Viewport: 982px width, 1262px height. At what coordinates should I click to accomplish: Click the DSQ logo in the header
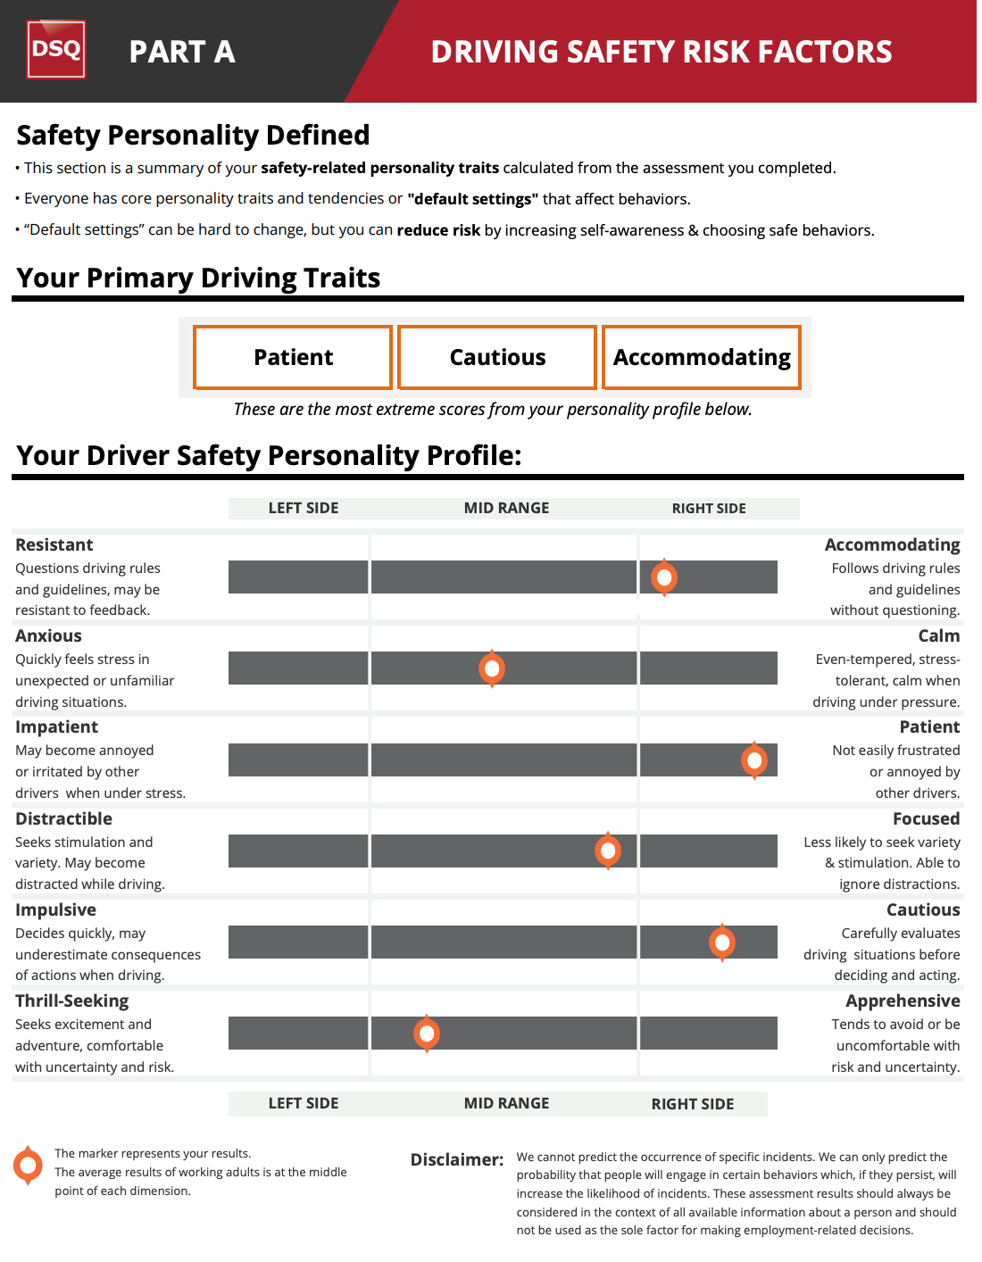[x=56, y=49]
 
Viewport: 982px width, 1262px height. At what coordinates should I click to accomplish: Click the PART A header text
[x=182, y=52]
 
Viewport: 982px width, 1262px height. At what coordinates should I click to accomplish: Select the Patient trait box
[x=293, y=357]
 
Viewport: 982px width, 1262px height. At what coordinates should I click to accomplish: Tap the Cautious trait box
[x=497, y=357]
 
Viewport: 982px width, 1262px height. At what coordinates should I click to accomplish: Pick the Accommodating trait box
[x=702, y=357]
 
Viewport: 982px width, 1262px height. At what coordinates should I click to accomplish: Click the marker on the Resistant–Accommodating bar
[x=664, y=577]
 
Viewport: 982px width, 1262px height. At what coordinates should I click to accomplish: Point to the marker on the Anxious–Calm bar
[x=492, y=668]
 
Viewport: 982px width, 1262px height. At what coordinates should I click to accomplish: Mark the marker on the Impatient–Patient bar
[x=754, y=760]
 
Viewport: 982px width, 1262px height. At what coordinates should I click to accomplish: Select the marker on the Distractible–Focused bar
[x=608, y=851]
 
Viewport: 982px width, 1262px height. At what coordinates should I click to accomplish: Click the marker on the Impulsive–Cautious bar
[x=722, y=942]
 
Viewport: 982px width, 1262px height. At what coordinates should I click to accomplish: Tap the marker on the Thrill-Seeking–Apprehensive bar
[x=427, y=1034]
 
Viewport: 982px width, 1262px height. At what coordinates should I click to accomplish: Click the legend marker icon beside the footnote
[x=29, y=1165]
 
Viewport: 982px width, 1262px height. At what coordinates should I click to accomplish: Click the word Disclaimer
[x=457, y=1159]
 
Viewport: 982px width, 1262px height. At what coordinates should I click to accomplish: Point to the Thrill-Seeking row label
[x=72, y=1000]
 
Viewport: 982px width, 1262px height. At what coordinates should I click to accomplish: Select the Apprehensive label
[x=903, y=1000]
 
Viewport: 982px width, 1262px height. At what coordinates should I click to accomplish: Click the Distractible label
[x=64, y=818]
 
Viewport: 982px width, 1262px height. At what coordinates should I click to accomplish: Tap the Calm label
[x=939, y=635]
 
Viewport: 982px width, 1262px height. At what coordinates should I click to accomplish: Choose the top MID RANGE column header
[x=506, y=508]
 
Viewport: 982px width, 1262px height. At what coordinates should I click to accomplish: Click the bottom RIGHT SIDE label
[x=693, y=1104]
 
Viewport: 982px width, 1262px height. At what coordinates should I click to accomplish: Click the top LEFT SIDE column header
[x=304, y=508]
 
